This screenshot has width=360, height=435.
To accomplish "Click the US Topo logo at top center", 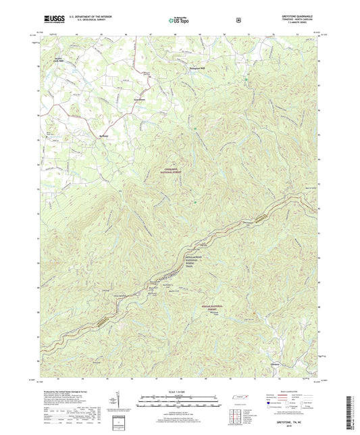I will coord(180,20).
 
